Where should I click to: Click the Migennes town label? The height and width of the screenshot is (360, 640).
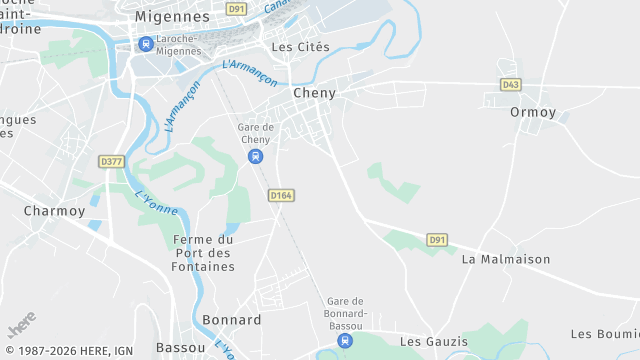(x=173, y=17)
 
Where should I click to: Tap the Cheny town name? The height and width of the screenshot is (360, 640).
(x=314, y=93)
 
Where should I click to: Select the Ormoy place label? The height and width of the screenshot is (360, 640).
(x=532, y=112)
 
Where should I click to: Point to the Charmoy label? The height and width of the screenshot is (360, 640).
(x=54, y=211)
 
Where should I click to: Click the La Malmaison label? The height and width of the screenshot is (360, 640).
(x=506, y=259)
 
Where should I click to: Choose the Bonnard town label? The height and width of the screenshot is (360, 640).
(x=232, y=320)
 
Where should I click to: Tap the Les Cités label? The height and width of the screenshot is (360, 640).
(x=301, y=47)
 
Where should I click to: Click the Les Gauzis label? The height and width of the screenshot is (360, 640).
(x=433, y=342)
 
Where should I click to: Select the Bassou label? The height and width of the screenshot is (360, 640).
(x=181, y=347)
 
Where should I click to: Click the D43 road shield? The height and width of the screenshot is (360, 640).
(x=512, y=85)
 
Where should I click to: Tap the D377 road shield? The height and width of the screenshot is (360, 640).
(x=111, y=161)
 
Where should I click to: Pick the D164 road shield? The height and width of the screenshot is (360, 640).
(x=281, y=196)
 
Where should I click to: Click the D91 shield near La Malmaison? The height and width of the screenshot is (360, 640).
(x=437, y=239)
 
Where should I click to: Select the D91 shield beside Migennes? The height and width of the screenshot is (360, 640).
(x=236, y=9)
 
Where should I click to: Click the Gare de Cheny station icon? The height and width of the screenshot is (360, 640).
(x=256, y=157)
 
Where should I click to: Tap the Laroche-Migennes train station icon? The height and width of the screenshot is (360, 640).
(x=146, y=44)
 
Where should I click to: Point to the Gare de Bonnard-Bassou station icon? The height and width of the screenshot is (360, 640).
(x=345, y=340)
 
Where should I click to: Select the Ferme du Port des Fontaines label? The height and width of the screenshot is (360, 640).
(x=203, y=253)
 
